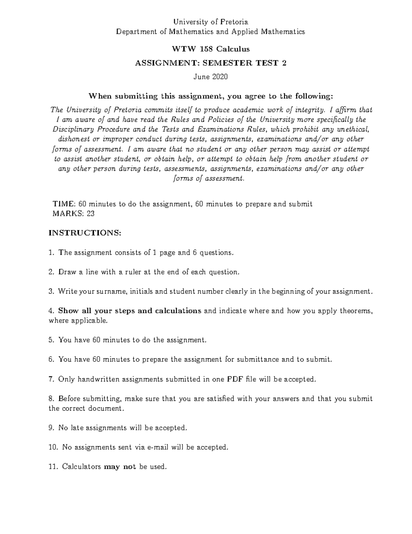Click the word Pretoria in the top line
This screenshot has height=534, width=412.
pyautogui.click(x=233, y=22)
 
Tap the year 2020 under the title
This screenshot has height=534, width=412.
pyautogui.click(x=220, y=77)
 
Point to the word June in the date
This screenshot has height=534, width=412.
pyautogui.click(x=201, y=77)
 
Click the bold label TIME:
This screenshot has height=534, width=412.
pyautogui.click(x=64, y=204)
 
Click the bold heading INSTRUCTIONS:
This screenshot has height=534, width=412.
pyautogui.click(x=85, y=233)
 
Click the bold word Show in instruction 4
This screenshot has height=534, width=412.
pyautogui.click(x=68, y=311)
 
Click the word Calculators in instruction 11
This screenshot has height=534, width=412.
pyautogui.click(x=81, y=467)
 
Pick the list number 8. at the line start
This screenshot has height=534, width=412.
pyautogui.click(x=52, y=399)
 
